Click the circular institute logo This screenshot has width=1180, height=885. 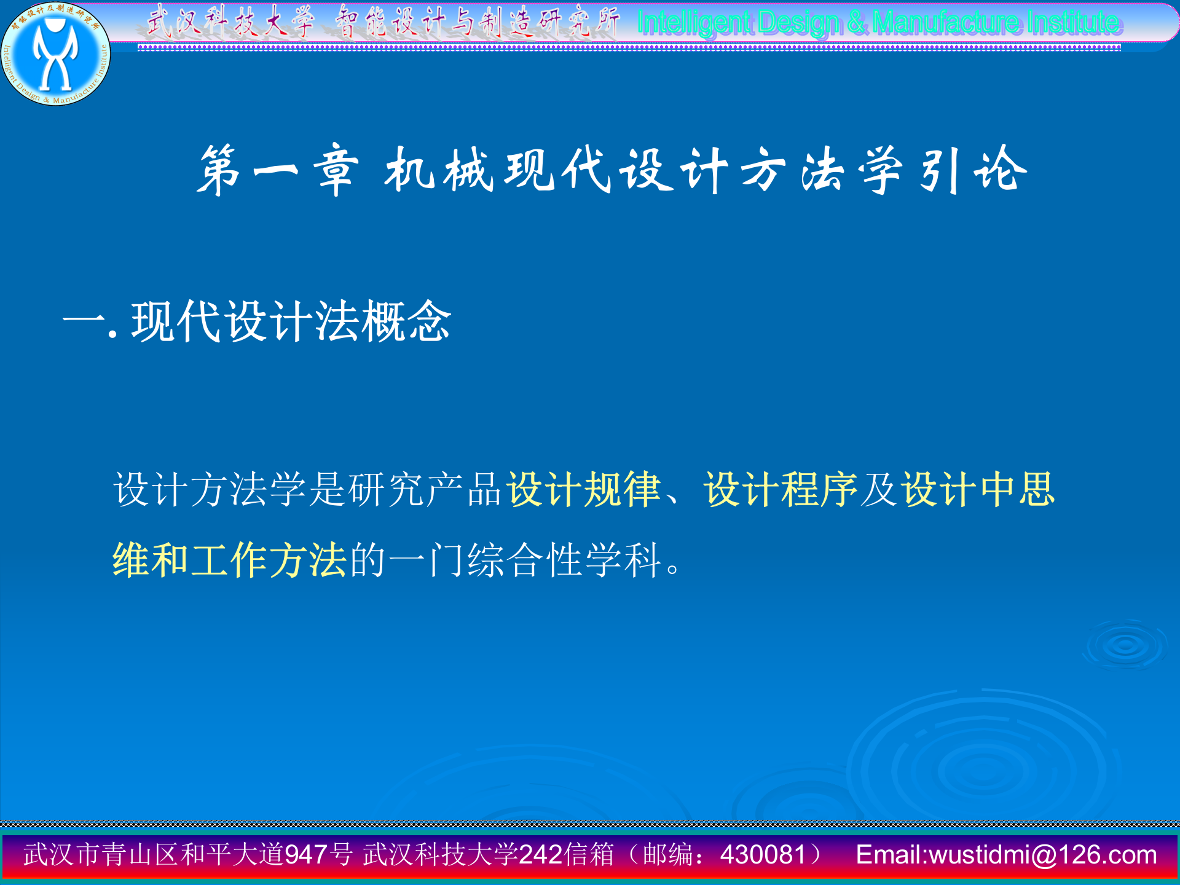(x=55, y=54)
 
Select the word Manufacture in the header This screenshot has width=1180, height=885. (x=947, y=23)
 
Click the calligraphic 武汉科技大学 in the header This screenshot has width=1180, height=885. (x=230, y=22)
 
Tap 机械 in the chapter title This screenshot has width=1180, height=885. (x=439, y=170)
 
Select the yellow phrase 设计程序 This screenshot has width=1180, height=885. (x=780, y=490)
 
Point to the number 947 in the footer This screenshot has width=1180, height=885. (x=306, y=855)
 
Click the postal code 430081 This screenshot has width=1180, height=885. (x=763, y=855)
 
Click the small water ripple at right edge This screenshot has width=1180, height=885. (x=1126, y=645)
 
